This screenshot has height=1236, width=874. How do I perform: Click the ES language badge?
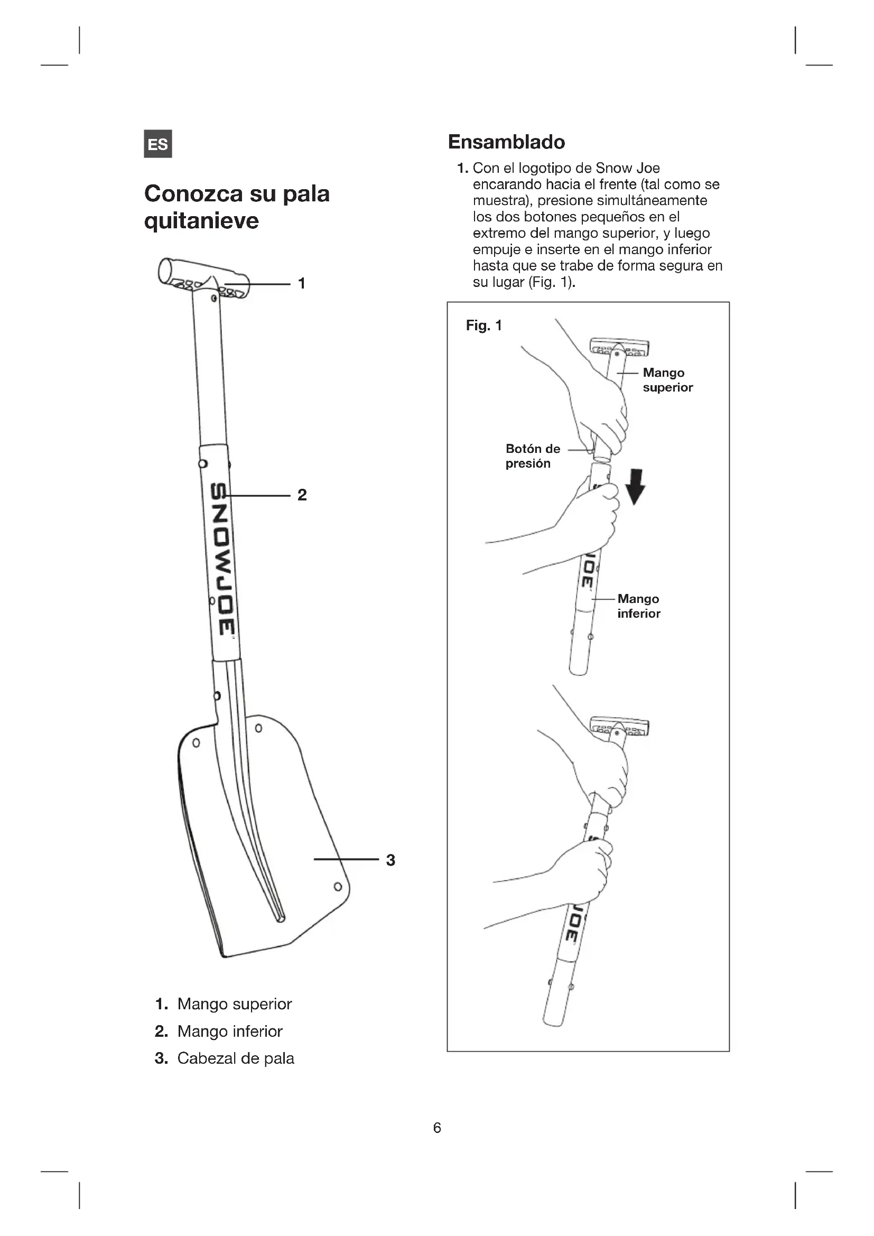pos(157,144)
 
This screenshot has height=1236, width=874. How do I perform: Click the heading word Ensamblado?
pos(506,142)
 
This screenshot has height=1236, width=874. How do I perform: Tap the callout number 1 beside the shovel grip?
pos(302,283)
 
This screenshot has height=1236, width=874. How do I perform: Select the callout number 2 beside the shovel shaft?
pos(302,495)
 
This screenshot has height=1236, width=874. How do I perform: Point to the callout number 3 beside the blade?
pos(390,860)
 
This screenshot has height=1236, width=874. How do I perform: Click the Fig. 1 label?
pos(484,325)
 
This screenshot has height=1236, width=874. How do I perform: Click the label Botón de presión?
pos(532,456)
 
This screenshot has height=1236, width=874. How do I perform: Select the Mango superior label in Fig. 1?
pos(667,380)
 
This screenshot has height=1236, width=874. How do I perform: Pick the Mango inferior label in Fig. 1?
pos(639,606)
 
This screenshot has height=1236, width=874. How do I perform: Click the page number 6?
pos(437,1128)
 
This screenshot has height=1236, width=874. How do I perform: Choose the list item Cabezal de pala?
pos(236,1058)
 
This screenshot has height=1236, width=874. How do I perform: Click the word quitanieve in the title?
pos(201,221)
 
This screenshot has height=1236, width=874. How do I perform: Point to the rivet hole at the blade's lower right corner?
pos(338,887)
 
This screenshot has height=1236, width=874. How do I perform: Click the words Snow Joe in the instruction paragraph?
pos(628,168)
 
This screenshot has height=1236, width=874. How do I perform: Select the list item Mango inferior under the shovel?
pos(230,1031)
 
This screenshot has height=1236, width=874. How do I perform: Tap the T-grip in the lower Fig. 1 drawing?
pos(619,726)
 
